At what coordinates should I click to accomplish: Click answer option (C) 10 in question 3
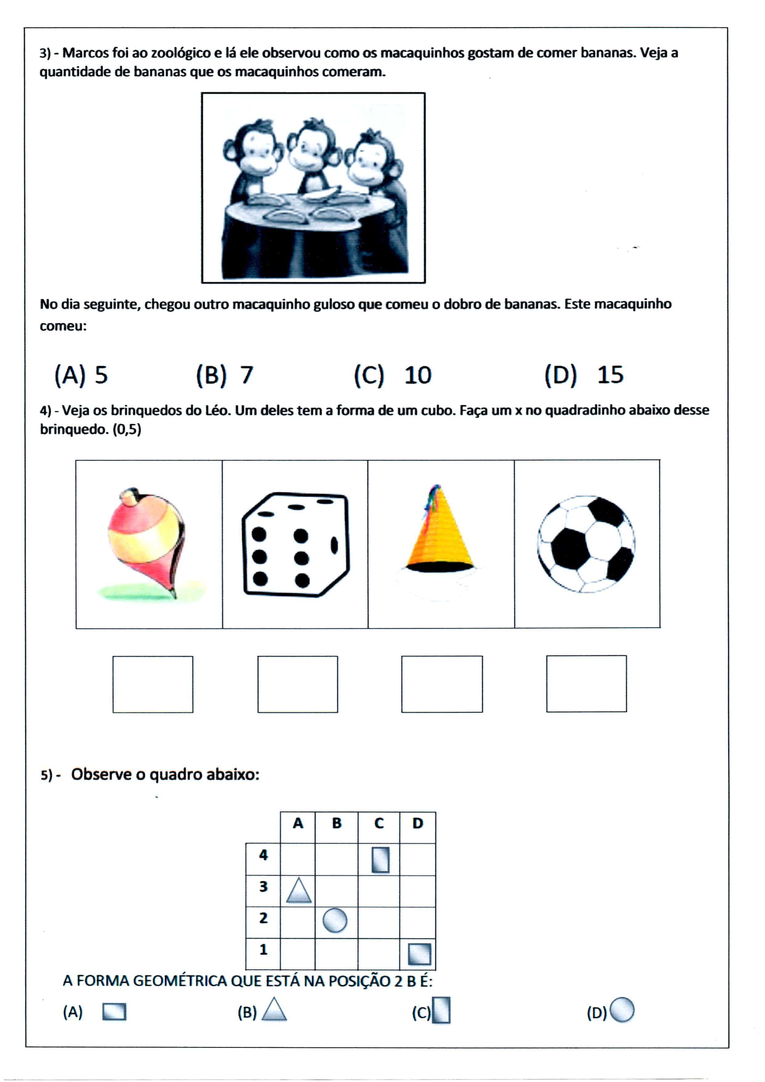point(393,376)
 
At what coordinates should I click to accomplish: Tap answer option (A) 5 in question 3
point(81,376)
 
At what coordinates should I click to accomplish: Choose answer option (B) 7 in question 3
point(225,376)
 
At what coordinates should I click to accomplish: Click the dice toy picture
point(295,545)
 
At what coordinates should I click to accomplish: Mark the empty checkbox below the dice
point(298,684)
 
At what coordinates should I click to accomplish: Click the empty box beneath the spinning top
point(153,684)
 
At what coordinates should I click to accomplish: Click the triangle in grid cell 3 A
point(299,891)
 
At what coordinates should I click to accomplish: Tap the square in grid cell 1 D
point(419,953)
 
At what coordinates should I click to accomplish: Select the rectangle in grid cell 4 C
point(380,860)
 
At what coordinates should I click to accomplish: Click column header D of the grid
point(417,823)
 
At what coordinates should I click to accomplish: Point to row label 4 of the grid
point(263,855)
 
